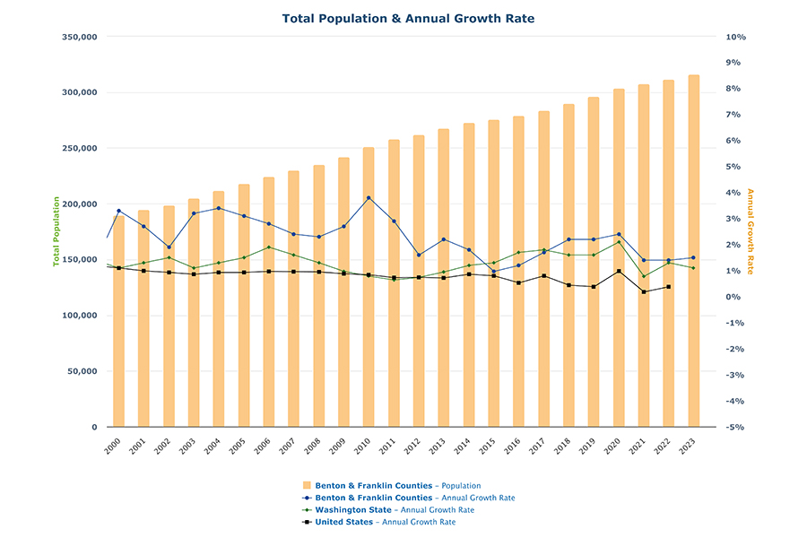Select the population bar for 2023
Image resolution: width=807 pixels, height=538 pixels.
pos(693,251)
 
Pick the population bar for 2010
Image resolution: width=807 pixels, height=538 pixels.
pos(369,287)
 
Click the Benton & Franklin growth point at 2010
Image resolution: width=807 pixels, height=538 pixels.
pos(369,198)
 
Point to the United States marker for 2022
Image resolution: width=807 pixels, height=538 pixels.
pos(668,287)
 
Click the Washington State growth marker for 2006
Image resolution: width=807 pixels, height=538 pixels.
pos(268,247)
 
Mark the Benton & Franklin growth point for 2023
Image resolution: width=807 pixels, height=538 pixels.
pos(693,258)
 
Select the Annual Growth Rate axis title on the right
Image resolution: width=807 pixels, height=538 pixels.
pos(751,232)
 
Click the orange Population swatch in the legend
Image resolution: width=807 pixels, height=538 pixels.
pos(308,486)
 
